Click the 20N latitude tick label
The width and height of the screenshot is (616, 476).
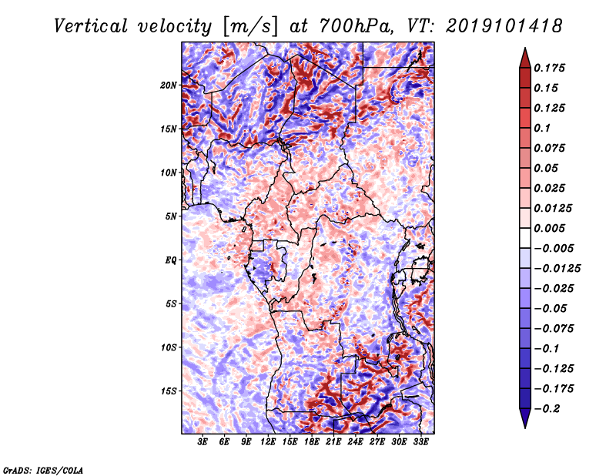tap(169, 85)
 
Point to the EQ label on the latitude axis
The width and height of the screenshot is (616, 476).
tap(171, 260)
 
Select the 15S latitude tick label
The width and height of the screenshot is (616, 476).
tap(169, 391)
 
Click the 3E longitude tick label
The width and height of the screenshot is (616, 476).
tap(203, 442)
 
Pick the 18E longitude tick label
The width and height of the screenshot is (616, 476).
tap(312, 442)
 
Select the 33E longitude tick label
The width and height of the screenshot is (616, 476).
tap(420, 442)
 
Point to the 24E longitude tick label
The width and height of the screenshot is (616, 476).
tap(355, 442)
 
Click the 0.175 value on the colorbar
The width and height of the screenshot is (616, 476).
tap(552, 68)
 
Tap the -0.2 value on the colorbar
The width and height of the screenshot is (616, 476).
tap(550, 408)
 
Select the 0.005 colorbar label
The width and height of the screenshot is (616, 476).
tap(552, 228)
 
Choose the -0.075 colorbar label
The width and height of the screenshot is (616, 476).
tap(556, 328)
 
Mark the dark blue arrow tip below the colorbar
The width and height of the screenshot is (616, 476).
tap(524, 425)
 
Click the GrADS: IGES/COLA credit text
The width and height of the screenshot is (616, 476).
tap(43, 469)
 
